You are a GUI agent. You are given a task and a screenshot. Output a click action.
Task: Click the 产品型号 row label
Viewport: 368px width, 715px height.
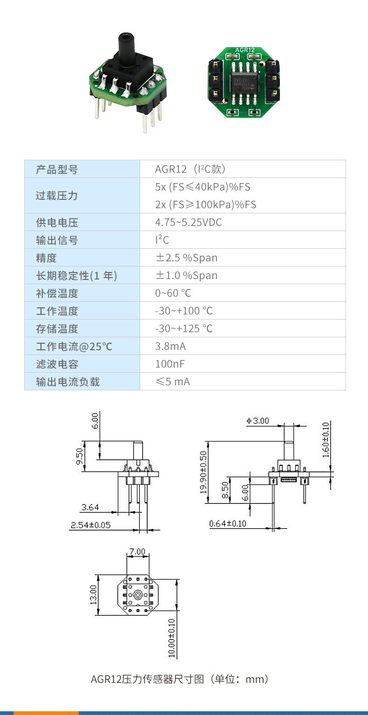57,170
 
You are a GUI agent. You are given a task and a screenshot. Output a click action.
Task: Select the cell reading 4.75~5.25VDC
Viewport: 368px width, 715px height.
188,223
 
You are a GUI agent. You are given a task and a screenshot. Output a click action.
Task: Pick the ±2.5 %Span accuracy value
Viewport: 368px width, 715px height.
186,258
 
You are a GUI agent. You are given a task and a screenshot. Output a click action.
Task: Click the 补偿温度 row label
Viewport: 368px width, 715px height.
57,293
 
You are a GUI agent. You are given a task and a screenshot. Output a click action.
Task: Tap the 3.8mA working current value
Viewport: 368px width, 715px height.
170,347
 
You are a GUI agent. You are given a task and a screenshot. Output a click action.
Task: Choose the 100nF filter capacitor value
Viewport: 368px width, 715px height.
170,364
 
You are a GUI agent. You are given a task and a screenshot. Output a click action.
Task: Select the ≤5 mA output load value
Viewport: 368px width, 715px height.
172,382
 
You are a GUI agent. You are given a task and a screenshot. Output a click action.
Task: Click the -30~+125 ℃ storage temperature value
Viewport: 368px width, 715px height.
184,329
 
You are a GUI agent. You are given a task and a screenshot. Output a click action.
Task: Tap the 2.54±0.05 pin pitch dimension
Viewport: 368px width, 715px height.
90,525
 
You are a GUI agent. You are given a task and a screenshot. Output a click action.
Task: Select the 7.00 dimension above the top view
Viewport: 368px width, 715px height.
137,552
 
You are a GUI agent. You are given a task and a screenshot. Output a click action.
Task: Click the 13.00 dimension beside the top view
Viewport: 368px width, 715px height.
94,595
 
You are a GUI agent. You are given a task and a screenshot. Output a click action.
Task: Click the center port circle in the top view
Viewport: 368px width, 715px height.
138,595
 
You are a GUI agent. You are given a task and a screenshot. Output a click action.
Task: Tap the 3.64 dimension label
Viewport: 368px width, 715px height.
90,507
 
